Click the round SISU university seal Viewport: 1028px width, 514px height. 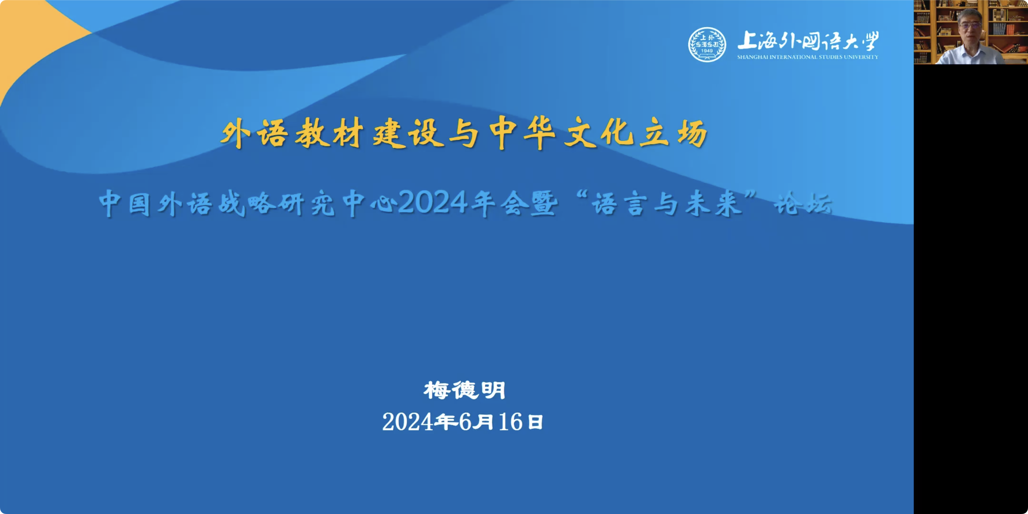(x=707, y=44)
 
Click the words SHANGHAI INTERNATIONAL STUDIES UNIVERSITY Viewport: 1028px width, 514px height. (x=808, y=57)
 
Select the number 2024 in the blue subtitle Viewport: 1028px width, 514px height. (x=433, y=203)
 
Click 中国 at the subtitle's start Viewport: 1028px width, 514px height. (x=125, y=204)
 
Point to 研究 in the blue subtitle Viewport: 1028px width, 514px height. (x=306, y=204)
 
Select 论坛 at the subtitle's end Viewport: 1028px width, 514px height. (x=803, y=204)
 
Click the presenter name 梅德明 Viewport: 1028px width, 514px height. (x=465, y=390)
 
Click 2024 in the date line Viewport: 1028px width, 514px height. (x=408, y=422)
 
